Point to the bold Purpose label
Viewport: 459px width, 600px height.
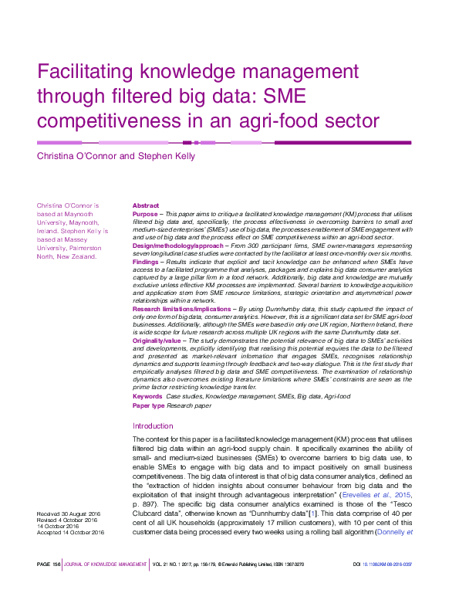(x=145, y=213)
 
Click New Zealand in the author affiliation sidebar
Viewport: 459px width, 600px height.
(x=79, y=256)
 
